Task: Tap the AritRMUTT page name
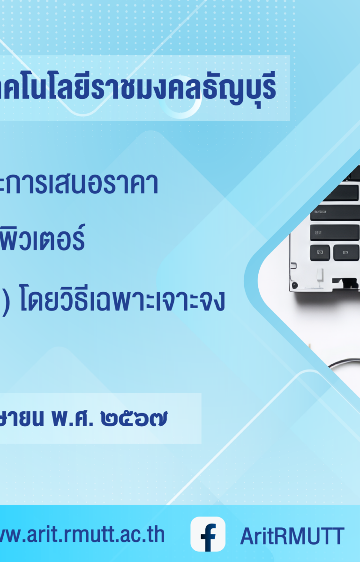click(292, 536)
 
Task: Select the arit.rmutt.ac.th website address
click(82, 534)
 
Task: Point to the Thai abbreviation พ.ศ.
click(72, 419)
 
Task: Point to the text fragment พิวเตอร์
click(42, 238)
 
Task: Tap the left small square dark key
click(320, 252)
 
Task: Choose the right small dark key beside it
click(346, 252)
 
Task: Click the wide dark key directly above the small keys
click(335, 233)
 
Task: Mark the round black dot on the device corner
click(295, 285)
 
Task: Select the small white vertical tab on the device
click(320, 275)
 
